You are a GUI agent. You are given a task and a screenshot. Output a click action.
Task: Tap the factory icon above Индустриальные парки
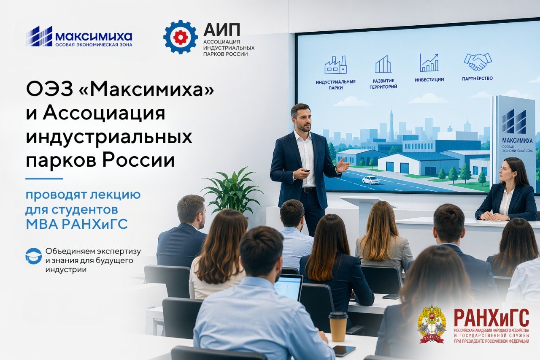(335, 65)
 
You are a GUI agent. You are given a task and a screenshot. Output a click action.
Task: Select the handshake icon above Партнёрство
(478, 62)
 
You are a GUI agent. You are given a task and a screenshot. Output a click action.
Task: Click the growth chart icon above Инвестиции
(429, 63)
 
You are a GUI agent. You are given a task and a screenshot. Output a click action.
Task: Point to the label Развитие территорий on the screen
(383, 84)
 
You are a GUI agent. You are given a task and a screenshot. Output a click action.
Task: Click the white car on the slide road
(371, 180)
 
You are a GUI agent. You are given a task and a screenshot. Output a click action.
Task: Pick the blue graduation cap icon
(33, 256)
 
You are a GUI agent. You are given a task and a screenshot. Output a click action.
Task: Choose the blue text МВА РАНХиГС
(77, 224)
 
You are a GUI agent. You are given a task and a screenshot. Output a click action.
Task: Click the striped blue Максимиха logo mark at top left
(39, 36)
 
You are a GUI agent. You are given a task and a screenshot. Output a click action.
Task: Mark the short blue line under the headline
(44, 179)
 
